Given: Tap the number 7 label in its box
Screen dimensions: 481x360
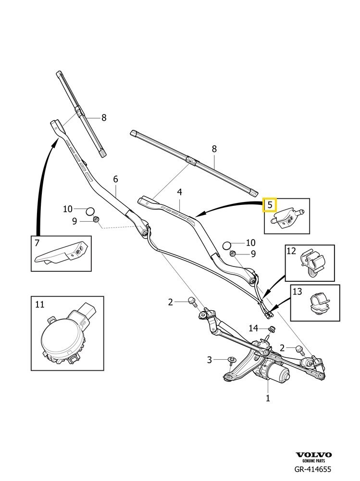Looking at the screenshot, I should tap(37, 243).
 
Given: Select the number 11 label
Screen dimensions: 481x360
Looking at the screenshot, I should tap(39, 304).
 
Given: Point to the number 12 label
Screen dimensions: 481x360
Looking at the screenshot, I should tap(291, 251).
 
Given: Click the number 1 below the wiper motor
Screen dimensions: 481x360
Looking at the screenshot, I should tap(268, 398).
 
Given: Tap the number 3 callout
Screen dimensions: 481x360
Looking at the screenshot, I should tap(210, 360).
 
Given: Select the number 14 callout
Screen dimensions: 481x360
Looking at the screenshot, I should tap(254, 328).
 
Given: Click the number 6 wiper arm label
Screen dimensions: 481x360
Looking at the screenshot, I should tap(115, 179).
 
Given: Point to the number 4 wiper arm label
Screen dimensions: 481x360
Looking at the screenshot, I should tap(179, 192).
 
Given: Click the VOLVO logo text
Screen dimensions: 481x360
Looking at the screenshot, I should tap(313, 455).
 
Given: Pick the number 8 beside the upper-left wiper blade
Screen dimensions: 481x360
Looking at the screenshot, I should tap(103, 117).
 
